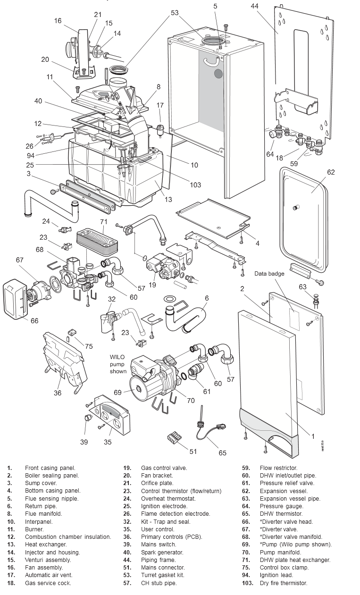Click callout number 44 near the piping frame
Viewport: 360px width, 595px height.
coord(255,6)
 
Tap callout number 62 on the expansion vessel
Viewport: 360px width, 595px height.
coord(331,172)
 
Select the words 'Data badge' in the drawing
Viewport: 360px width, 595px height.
coord(269,274)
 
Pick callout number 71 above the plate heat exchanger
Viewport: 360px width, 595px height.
coord(104,221)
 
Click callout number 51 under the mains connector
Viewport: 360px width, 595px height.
coord(193,452)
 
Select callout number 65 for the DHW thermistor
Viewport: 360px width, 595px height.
coord(222,453)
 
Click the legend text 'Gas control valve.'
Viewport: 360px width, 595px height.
coord(164,468)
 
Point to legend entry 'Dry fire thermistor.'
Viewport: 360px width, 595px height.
coord(283,583)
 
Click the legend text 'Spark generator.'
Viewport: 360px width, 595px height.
coord(162,552)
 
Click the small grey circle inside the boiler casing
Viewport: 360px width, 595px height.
coord(218,74)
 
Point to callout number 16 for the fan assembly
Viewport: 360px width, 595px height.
coord(58,21)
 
